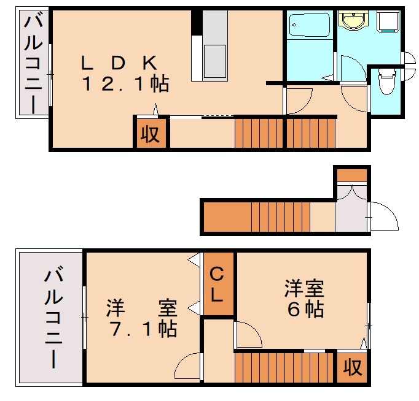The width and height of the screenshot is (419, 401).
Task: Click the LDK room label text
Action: pyautogui.click(x=120, y=62)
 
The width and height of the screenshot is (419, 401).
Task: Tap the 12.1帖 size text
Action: pyautogui.click(x=126, y=85)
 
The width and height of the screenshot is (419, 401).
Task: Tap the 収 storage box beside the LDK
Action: pyautogui.click(x=149, y=134)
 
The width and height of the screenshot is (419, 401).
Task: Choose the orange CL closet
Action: pyautogui.click(x=219, y=284)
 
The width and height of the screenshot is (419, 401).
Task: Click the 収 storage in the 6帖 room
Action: pyautogui.click(x=352, y=368)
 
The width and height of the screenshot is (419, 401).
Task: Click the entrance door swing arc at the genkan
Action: pyautogui.click(x=383, y=216)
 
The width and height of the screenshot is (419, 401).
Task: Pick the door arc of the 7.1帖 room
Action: pyautogui.click(x=187, y=368)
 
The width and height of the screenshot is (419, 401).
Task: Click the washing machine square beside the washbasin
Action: pyautogui.click(x=389, y=22)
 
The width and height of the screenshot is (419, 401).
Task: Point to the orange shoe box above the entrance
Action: pyautogui.click(x=352, y=174)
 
